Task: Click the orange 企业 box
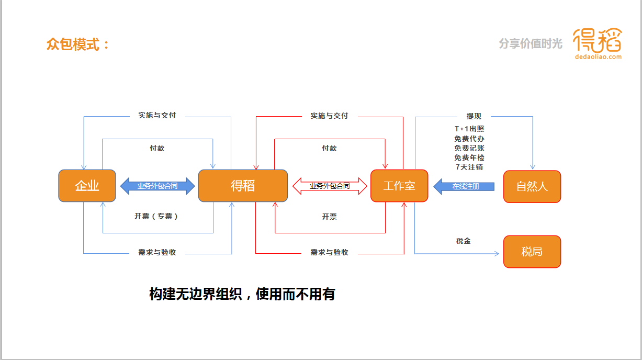87,186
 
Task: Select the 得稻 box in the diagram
243,186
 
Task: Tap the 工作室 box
399,186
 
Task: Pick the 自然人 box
532,186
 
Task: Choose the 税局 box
532,252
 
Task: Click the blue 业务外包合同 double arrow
157,186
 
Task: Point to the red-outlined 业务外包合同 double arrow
330,186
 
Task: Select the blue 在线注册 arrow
464,186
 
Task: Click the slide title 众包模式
78,44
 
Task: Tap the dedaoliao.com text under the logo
598,57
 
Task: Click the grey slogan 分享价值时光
531,44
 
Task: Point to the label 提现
474,116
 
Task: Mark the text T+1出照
469,129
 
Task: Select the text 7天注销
469,167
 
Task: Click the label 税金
463,241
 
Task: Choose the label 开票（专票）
157,216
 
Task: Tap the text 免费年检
469,157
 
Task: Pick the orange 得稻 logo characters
597,40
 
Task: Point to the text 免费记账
469,148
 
